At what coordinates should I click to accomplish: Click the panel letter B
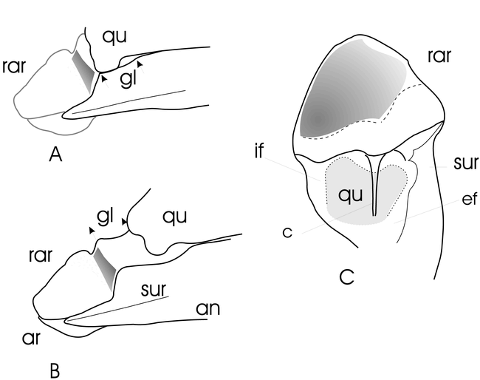point(55,370)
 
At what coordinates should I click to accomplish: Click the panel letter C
point(347,276)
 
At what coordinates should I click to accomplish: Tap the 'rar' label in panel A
point(14,67)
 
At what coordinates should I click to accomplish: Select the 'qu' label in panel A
point(114,38)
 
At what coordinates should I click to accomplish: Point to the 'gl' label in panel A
point(128,79)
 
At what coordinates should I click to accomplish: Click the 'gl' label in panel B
point(105,217)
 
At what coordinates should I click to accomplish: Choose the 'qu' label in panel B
point(174,217)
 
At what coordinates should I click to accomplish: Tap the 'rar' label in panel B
point(41,256)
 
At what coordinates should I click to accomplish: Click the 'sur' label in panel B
point(154,289)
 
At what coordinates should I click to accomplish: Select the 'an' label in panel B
point(208,309)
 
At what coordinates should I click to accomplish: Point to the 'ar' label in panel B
point(31,338)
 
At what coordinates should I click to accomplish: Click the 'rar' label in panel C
point(439,55)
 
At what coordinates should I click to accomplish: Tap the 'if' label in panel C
point(259,151)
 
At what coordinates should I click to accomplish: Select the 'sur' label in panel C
point(466,163)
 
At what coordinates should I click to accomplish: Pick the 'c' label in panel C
point(287,233)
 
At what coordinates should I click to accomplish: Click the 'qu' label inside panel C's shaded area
point(351,195)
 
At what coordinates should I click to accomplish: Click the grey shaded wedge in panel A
point(83,71)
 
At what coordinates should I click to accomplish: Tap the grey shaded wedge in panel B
point(104,269)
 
